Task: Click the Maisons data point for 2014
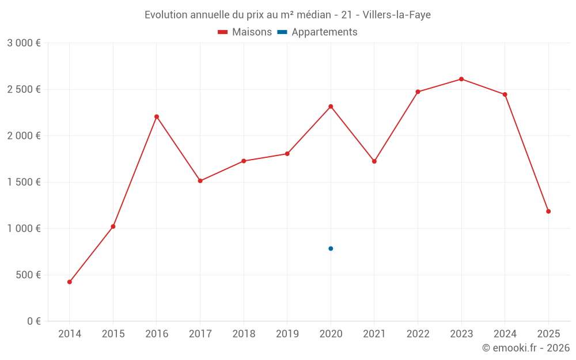pos(69,282)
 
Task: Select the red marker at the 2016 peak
pos(157,116)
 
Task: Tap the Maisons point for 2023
pos(461,79)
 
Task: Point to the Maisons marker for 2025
pos(548,211)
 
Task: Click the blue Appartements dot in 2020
pos(331,249)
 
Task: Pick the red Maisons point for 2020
pos(331,107)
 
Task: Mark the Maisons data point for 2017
pos(200,181)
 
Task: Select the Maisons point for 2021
pos(374,161)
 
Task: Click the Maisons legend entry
pos(245,32)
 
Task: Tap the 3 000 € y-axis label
pos(24,43)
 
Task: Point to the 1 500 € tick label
pos(24,182)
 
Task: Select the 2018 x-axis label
pos(244,334)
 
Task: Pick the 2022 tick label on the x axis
pos(418,334)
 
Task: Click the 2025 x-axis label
pos(548,334)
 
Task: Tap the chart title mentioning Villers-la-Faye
pos(287,15)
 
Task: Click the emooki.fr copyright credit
pos(525,348)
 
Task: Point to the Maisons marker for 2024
pos(505,94)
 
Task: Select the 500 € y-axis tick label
pos(27,275)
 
